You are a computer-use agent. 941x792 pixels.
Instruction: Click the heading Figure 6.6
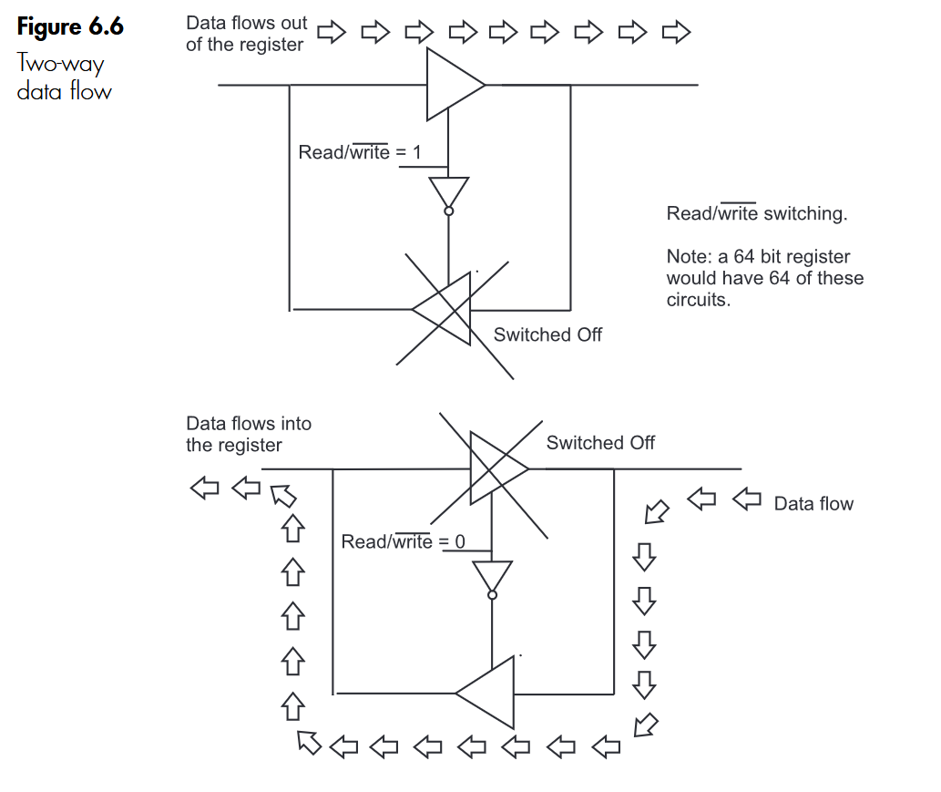70,27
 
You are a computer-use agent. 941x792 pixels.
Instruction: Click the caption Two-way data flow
64,77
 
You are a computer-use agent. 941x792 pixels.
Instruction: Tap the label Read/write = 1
359,152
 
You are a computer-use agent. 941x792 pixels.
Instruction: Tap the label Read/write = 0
403,542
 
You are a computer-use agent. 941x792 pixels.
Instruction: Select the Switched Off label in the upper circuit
547,334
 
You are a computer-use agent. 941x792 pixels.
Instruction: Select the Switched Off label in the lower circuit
600,443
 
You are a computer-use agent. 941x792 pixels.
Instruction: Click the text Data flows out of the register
246,34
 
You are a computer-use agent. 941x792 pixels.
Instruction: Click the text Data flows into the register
248,434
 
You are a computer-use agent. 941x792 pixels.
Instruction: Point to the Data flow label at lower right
813,504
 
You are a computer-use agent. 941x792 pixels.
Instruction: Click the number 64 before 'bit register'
744,257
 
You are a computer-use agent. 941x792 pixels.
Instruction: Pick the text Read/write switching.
757,214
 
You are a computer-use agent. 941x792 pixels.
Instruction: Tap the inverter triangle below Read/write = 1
448,191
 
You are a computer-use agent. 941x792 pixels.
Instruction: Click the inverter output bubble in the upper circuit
448,211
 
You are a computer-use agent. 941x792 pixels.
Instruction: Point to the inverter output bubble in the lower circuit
492,595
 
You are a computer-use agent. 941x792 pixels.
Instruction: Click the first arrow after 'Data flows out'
332,34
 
